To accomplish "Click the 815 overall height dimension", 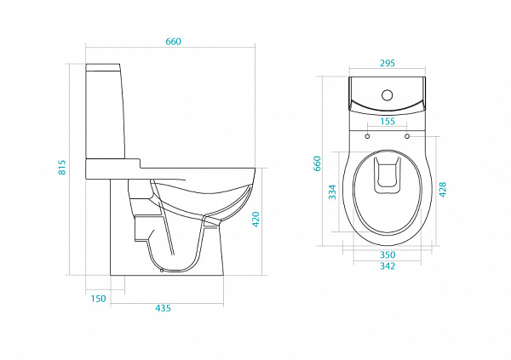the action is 62,168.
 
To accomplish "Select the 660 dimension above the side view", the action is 173,42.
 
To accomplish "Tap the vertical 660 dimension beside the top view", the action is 317,163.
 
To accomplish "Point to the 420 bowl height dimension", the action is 255,220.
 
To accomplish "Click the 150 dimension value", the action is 98,299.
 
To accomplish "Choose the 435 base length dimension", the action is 163,308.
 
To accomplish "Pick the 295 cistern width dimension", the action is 388,63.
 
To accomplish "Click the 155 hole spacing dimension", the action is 388,121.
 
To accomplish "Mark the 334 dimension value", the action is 332,191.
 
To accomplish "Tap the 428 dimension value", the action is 443,189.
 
